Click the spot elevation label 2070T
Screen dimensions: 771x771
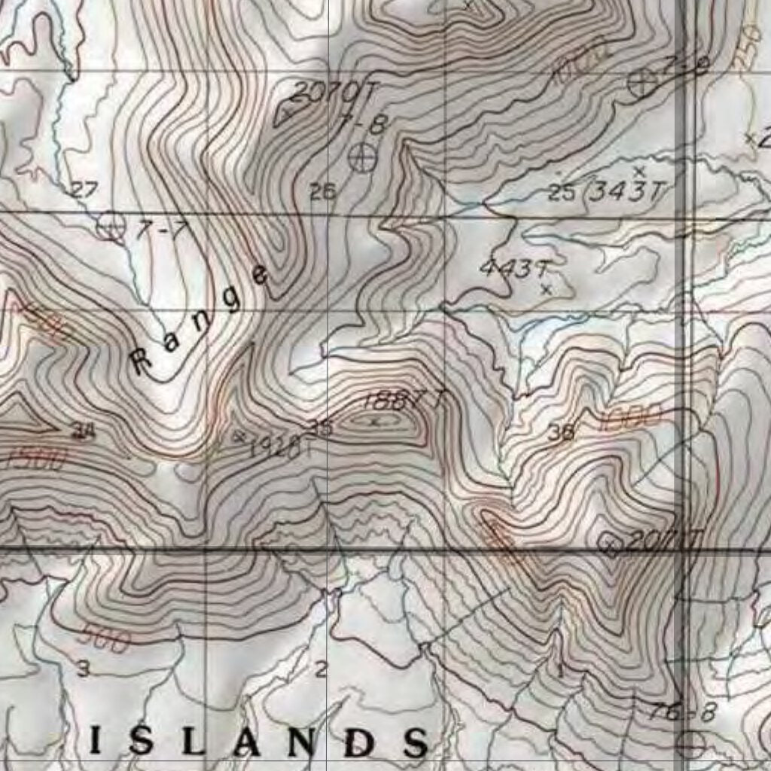331,93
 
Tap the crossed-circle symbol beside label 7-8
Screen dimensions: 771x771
363,157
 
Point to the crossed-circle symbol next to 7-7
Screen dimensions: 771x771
111,226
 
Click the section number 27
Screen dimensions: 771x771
84,190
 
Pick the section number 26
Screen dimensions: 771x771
322,191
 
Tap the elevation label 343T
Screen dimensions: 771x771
626,192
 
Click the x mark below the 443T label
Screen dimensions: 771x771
547,288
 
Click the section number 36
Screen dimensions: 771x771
562,432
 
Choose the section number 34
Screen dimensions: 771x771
81,431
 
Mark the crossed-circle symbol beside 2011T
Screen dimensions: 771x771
609,544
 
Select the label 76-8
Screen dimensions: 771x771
682,712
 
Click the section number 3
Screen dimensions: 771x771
83,668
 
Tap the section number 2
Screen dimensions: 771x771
321,668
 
